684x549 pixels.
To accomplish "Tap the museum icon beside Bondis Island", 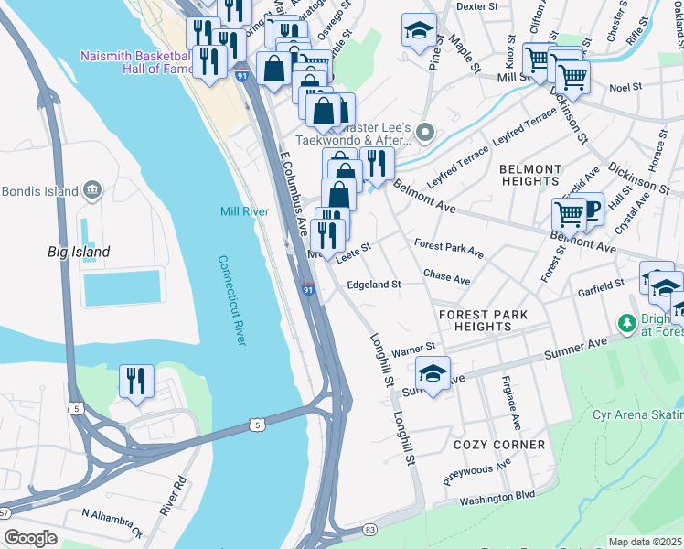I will [x=92, y=190].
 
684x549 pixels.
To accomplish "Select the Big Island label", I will [x=79, y=252].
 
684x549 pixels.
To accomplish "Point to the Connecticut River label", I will [x=233, y=299].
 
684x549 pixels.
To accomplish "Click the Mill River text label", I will [x=244, y=211].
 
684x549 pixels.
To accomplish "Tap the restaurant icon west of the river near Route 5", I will [x=137, y=381].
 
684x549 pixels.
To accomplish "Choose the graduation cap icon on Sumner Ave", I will [x=433, y=372].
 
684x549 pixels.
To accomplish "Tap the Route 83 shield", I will [x=369, y=530].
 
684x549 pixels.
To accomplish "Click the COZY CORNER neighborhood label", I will [x=498, y=445].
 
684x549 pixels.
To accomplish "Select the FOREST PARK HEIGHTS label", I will [x=483, y=320].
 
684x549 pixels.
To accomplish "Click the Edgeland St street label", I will [x=373, y=285].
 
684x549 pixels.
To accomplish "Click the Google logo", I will [x=30, y=537].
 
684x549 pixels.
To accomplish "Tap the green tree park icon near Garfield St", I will [x=627, y=323].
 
